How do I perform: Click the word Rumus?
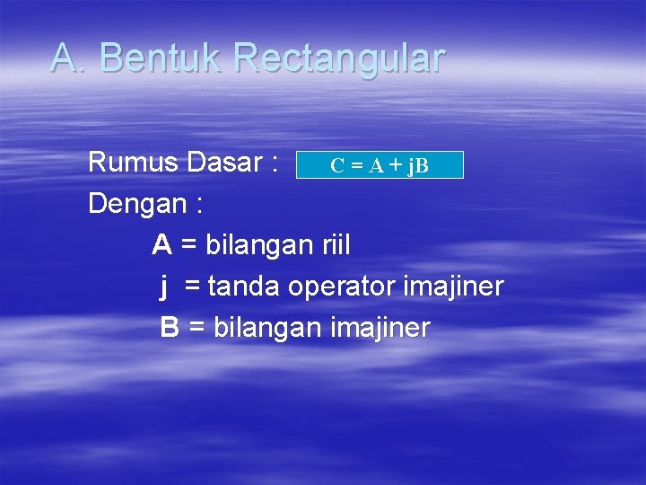(134, 163)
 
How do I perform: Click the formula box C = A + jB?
(380, 165)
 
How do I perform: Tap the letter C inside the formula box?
(336, 166)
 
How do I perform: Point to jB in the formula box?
(417, 167)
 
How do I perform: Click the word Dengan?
(138, 204)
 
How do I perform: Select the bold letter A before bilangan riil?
(161, 244)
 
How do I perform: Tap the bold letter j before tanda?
(165, 287)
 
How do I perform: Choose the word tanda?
(243, 287)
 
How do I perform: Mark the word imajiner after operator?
(454, 287)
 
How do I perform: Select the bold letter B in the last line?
(170, 328)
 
